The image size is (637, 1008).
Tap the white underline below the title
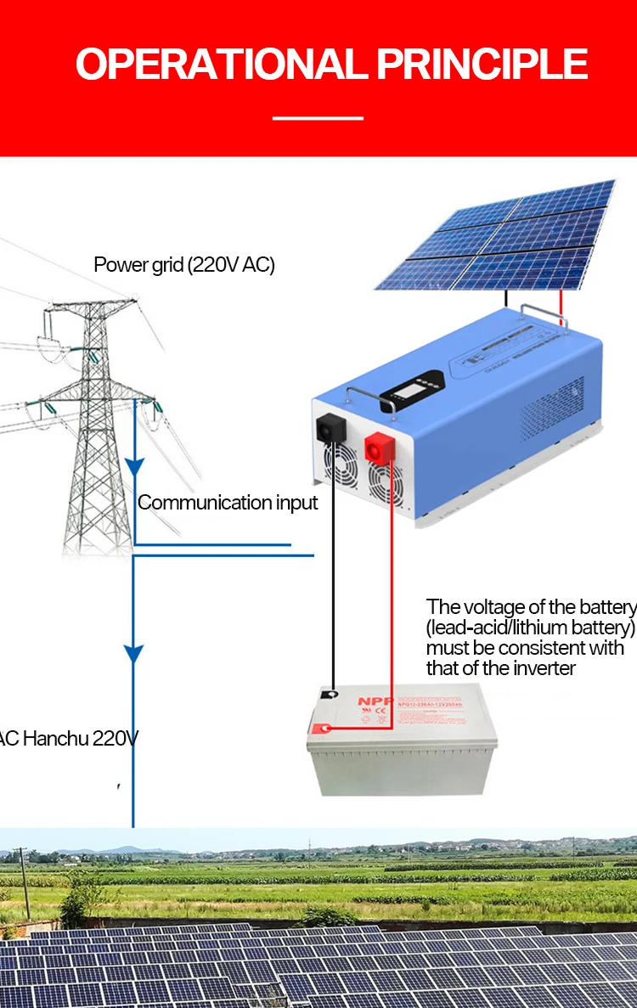[x=318, y=118]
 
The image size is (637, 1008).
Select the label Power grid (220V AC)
[x=184, y=264]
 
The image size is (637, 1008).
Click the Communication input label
[x=228, y=502]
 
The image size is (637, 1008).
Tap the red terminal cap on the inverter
[x=379, y=447]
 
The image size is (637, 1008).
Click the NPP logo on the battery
[x=371, y=701]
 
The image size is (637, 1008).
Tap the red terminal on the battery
[x=322, y=728]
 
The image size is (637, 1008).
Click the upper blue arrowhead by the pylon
[x=133, y=466]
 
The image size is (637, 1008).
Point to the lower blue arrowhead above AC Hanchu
[x=133, y=653]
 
